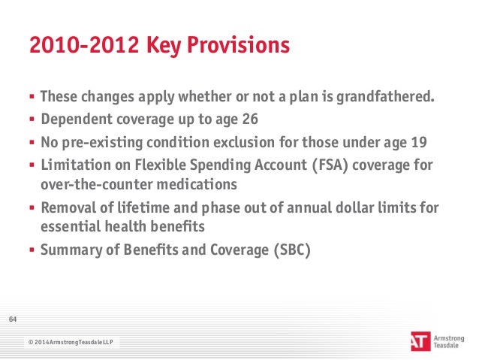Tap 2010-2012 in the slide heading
point(84,45)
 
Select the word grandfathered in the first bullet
point(385,97)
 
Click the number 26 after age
point(250,119)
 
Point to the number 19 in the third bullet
point(419,142)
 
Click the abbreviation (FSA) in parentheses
point(330,165)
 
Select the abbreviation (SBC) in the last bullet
point(292,250)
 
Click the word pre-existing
point(102,143)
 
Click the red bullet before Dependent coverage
point(32,119)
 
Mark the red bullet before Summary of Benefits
point(32,250)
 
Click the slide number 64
point(13,319)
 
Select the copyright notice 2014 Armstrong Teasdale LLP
point(71,342)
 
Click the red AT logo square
point(420,341)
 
